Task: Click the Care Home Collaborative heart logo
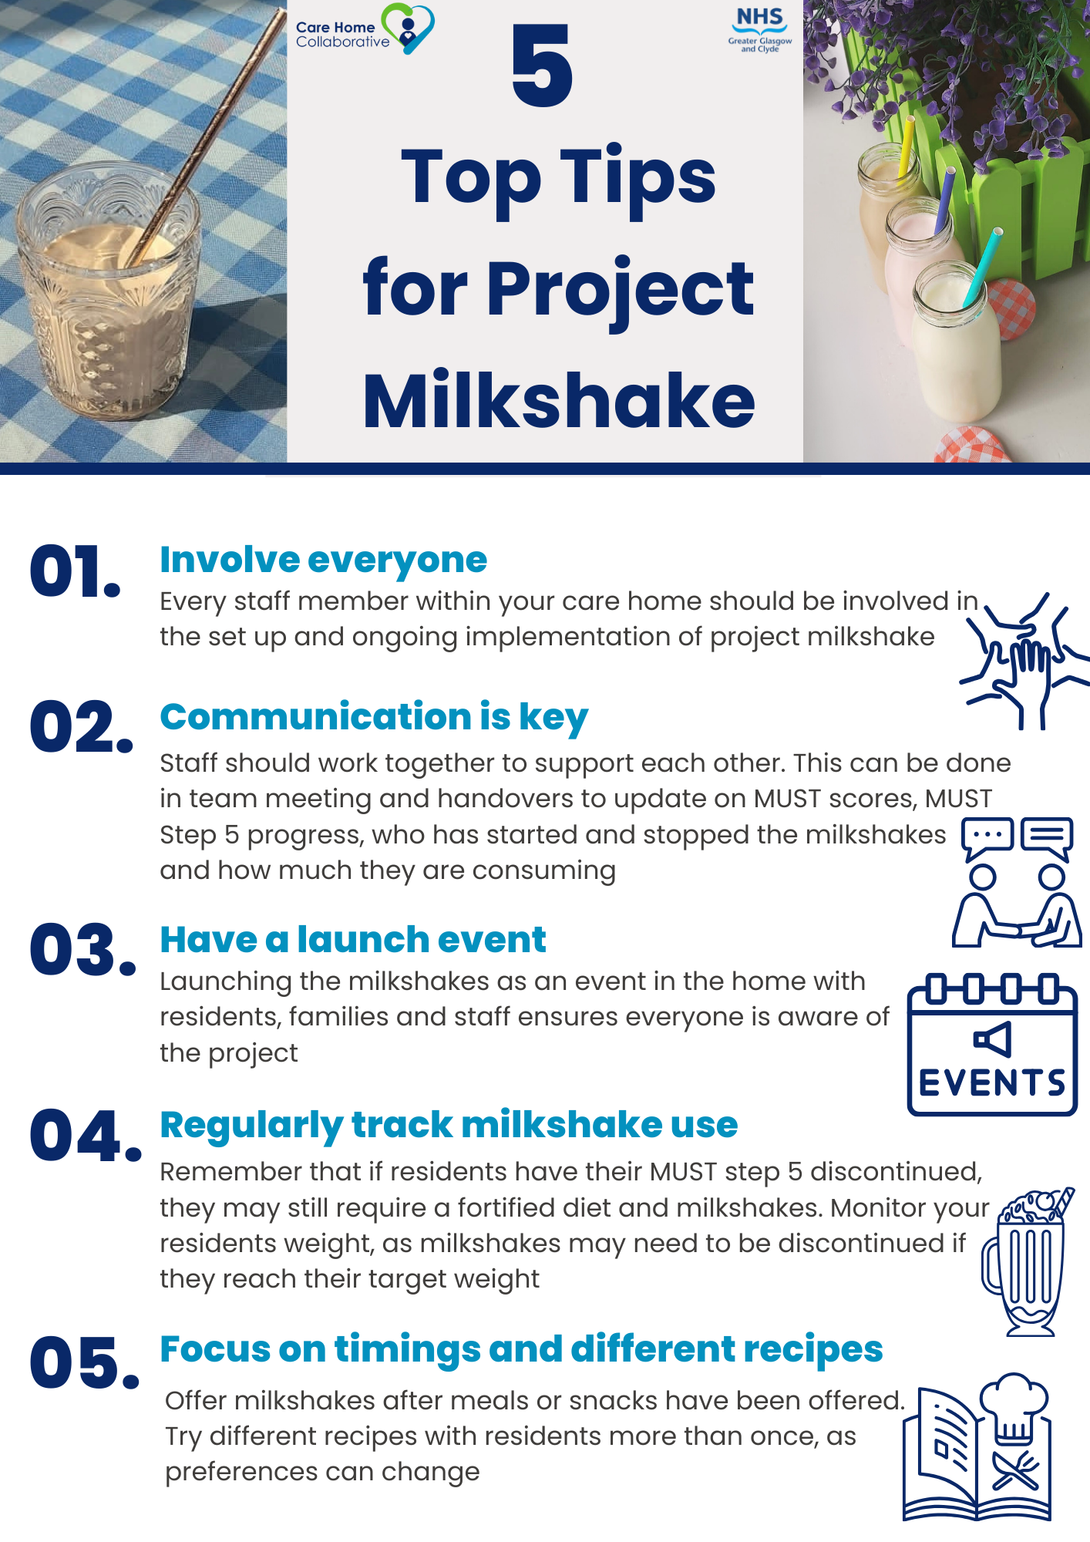409,29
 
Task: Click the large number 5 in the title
542,66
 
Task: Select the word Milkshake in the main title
559,400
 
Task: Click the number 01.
75,571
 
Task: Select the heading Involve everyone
323,560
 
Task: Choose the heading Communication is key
374,717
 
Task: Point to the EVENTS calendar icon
992,1045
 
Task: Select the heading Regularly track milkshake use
449,1125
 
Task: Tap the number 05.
84,1362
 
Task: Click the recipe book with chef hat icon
977,1449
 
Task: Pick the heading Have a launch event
352,940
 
